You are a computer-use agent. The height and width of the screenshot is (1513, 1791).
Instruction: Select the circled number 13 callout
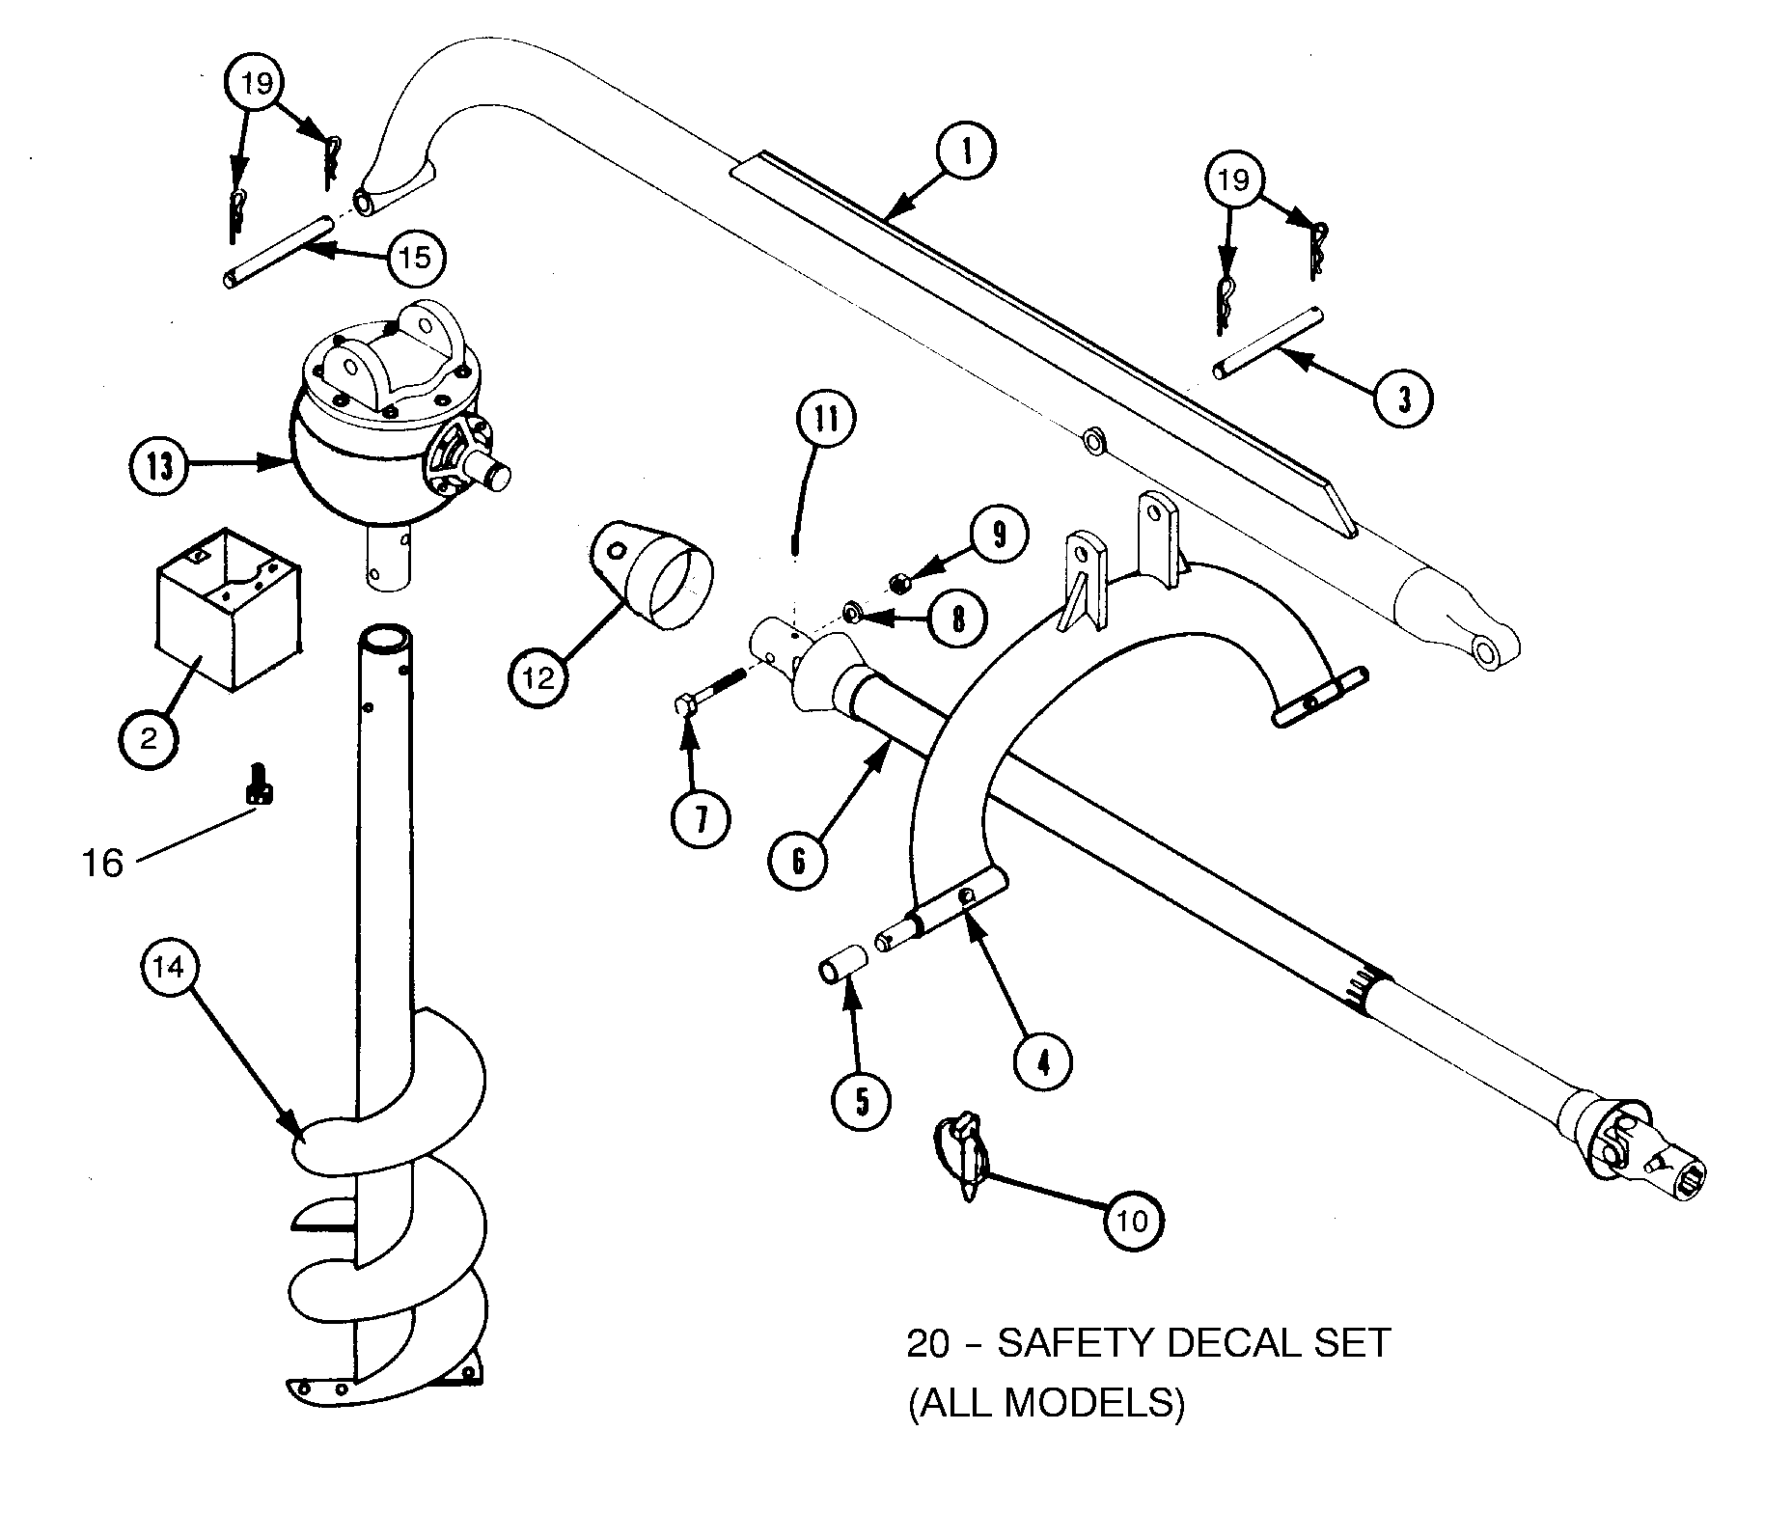159,466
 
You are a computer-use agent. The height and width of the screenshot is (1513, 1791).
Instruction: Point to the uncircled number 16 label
102,863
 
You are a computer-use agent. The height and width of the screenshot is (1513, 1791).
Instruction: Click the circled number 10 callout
1134,1221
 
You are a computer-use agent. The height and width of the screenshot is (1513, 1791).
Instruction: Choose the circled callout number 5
861,1100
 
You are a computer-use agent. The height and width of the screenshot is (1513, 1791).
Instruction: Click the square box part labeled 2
228,620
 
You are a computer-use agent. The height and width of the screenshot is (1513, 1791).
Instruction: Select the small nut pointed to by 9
897,582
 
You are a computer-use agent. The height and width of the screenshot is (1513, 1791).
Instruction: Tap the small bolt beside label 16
259,783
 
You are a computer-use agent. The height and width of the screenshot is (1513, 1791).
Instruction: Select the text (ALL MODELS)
1046,1403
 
